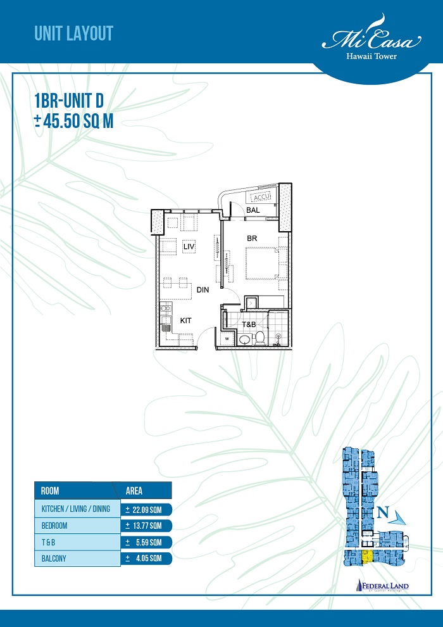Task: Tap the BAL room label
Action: [254, 210]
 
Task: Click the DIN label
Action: [203, 290]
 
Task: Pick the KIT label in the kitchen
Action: [185, 321]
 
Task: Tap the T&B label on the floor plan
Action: [249, 324]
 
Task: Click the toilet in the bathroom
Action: [259, 339]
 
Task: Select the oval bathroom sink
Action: [244, 340]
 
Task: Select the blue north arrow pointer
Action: [400, 519]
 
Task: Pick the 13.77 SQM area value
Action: [145, 526]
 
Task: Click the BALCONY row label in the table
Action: [54, 558]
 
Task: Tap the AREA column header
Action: [134, 491]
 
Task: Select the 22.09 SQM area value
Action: [145, 509]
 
